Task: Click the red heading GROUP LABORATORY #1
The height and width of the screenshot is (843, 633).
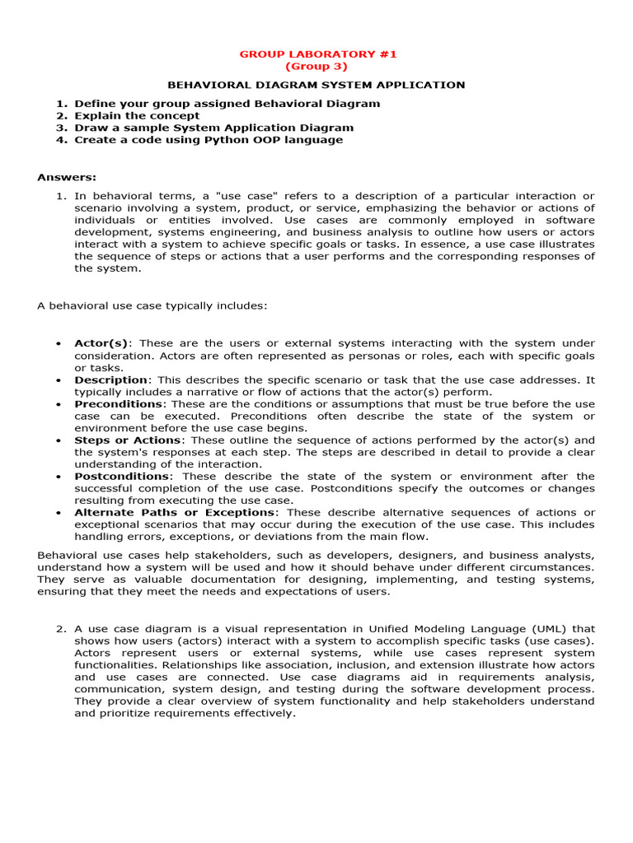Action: tap(317, 54)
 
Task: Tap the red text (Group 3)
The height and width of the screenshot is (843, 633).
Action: tap(316, 67)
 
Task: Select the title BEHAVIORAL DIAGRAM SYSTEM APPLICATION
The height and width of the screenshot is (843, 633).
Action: tap(316, 85)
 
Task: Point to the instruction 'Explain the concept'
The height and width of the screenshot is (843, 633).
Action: tap(137, 116)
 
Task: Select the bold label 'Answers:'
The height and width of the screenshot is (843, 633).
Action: tap(67, 177)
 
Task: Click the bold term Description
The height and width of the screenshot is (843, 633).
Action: tap(111, 380)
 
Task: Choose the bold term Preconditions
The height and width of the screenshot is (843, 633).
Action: tap(119, 404)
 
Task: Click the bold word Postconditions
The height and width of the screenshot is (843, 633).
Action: tap(122, 477)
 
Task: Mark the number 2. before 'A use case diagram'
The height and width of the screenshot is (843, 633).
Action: tap(61, 629)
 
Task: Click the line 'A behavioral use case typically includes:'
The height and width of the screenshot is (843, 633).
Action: tap(152, 306)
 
